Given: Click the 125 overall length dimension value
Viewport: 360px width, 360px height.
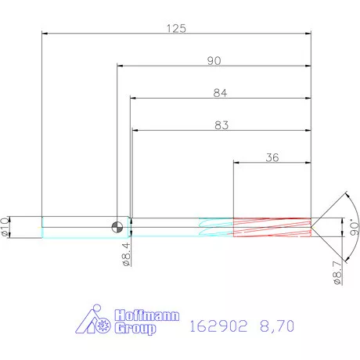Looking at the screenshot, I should (176, 28).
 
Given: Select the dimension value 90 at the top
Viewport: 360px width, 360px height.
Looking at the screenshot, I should (214, 60).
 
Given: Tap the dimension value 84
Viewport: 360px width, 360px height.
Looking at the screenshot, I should (220, 92).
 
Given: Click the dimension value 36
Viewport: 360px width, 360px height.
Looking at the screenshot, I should (272, 157).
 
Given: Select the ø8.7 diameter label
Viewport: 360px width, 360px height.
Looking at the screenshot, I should (337, 272).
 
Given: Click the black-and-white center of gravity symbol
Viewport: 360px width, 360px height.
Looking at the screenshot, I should (117, 226).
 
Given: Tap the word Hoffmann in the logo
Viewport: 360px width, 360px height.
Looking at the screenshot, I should (147, 316).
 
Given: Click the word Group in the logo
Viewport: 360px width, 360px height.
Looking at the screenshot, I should (135, 329).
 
